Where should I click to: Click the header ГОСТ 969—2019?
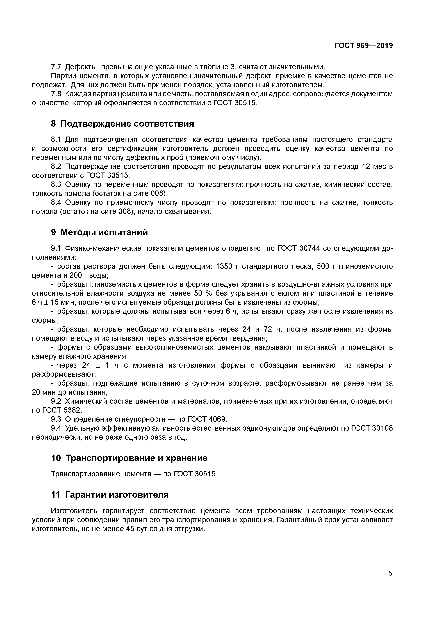coord(363,46)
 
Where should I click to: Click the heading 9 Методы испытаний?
coord(99,233)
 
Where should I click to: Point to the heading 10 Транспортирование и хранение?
coord(129,458)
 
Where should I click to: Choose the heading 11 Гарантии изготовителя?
coord(110,495)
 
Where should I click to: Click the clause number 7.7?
coord(56,67)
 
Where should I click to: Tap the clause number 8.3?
coord(56,185)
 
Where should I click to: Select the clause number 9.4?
coord(56,428)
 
